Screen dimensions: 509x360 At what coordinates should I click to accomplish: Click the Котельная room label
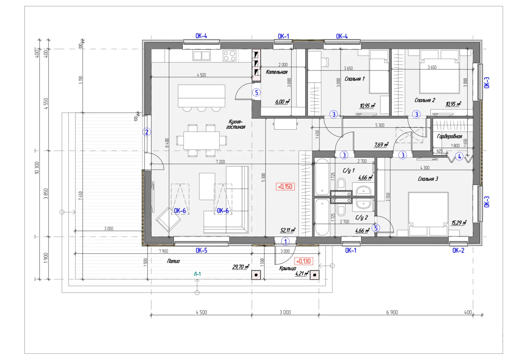tap(276, 72)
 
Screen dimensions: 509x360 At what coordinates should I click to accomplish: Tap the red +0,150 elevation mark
tap(285, 187)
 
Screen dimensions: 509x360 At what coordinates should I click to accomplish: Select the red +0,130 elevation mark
tap(303, 261)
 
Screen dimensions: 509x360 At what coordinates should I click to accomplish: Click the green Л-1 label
tap(197, 274)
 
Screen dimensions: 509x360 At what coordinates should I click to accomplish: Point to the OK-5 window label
tap(201, 250)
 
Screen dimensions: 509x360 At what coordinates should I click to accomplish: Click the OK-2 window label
tap(458, 250)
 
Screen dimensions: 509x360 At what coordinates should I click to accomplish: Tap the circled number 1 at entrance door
tap(285, 242)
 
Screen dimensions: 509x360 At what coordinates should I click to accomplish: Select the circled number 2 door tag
tap(147, 132)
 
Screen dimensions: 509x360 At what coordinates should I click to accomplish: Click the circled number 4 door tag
tap(459, 156)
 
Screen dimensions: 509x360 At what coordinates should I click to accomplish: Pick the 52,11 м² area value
tap(288, 230)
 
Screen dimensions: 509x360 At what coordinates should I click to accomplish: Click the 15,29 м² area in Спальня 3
tap(459, 222)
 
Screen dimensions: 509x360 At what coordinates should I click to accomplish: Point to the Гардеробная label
tap(449, 136)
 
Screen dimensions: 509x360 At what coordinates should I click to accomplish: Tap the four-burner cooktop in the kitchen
tap(229, 56)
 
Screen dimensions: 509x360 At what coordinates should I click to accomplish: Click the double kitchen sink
tap(201, 55)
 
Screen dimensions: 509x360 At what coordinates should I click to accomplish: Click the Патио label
tap(173, 261)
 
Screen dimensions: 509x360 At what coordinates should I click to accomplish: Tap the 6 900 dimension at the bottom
tap(392, 312)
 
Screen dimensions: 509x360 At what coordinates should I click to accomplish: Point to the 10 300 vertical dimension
tap(37, 168)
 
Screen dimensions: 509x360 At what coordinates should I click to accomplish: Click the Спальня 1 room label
tap(354, 79)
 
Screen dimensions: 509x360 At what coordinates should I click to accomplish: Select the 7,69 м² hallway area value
tap(381, 145)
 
